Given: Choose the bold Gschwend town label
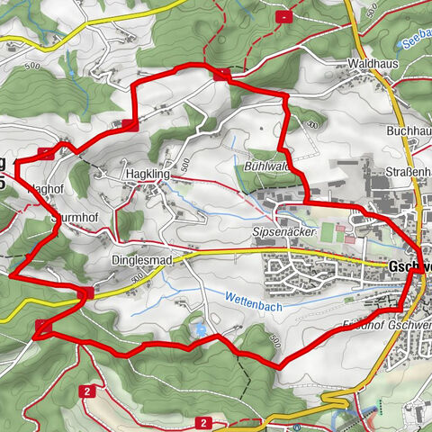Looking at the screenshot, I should pos(409,268).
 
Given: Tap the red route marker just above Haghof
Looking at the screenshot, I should pos(46,152).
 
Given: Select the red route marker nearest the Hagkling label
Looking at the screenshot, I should pos(130,125).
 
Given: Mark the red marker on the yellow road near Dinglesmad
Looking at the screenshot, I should pos(86,293).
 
